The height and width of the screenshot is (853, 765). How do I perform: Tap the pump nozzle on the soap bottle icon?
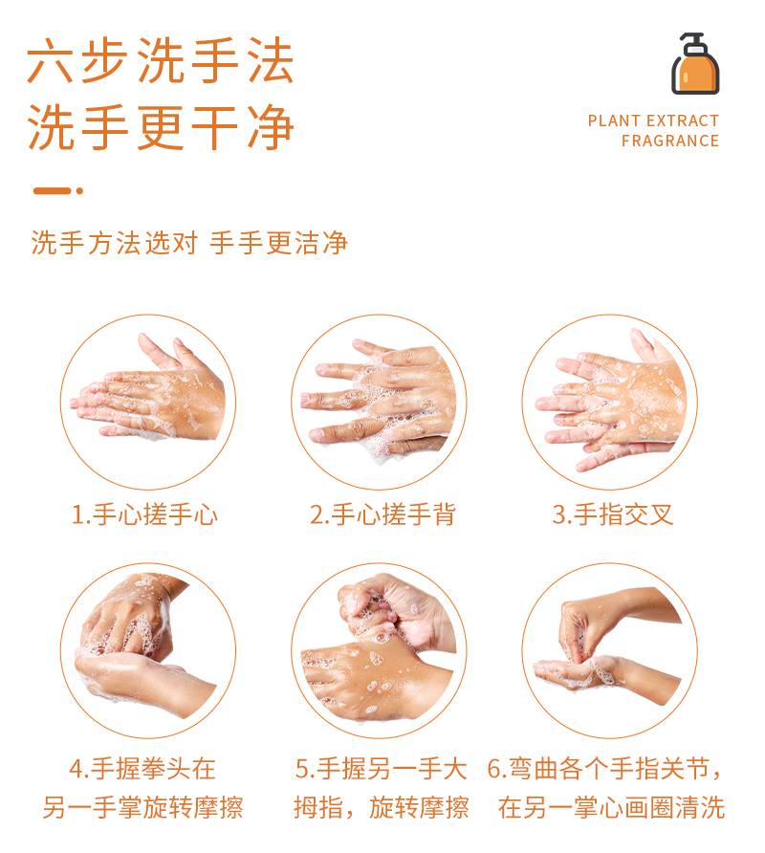point(691,38)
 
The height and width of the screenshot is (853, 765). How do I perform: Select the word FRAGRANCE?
point(670,141)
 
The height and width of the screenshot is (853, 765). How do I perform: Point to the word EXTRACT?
point(683,120)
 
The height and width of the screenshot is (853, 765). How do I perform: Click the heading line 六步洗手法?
point(161,60)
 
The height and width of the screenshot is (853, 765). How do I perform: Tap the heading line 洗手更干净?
point(161,127)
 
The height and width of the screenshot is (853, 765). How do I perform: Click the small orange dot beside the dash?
point(79,191)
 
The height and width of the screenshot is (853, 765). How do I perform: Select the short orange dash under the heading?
point(53,191)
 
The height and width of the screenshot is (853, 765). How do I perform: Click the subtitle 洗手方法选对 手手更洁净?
point(189,243)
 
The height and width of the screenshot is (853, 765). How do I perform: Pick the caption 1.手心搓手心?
point(144,514)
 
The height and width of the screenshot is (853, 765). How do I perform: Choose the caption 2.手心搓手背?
point(382,514)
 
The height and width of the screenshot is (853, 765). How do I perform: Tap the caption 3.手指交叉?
point(613,514)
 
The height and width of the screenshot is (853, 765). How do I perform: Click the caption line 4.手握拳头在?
point(142,768)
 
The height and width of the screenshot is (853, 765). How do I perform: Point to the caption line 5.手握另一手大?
point(381,768)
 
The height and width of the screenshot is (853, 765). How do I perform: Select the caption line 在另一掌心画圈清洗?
point(612,807)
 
